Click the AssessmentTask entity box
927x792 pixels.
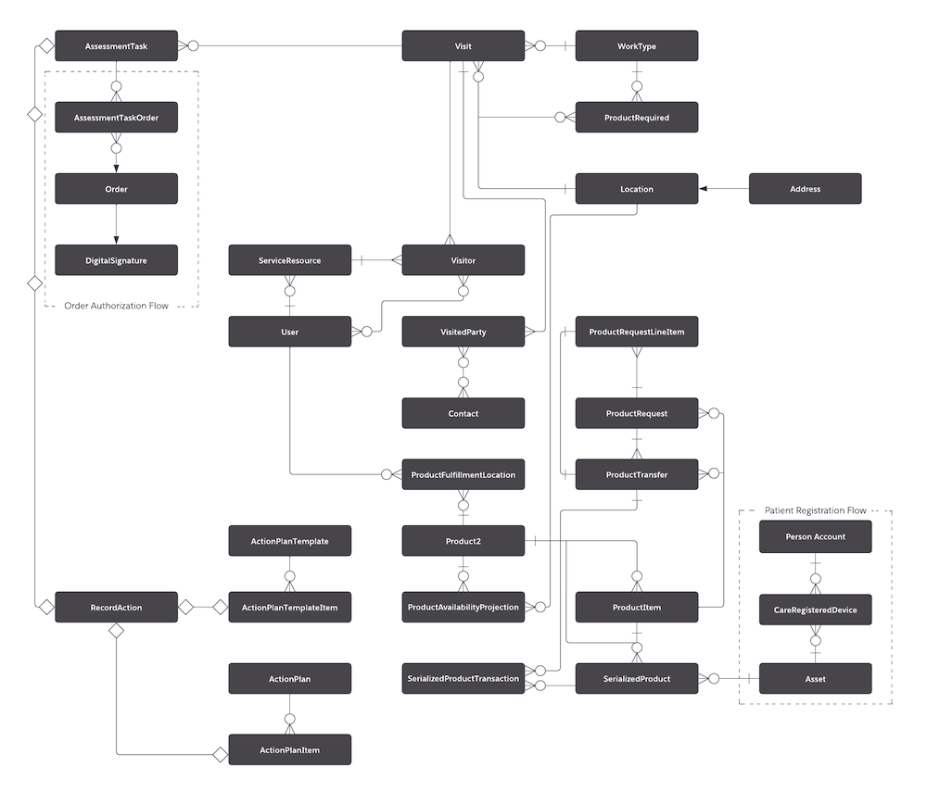point(116,45)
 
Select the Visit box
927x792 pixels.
point(463,45)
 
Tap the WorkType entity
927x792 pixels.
point(636,45)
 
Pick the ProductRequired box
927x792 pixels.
point(636,118)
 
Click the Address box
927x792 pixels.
point(805,189)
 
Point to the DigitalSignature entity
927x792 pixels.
point(116,260)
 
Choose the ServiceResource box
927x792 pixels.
point(290,260)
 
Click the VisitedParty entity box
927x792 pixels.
point(463,331)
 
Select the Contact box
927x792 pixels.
point(463,413)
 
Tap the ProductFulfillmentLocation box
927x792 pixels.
point(463,474)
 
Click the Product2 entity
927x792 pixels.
point(463,541)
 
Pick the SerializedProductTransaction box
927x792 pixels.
point(463,678)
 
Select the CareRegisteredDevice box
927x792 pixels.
point(815,610)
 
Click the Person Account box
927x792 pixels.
point(815,536)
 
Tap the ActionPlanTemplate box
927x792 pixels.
point(290,541)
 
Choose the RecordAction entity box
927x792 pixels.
point(116,608)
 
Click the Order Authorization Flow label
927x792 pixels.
point(116,306)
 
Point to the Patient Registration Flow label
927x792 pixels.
point(816,509)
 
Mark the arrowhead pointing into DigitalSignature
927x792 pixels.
point(116,241)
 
